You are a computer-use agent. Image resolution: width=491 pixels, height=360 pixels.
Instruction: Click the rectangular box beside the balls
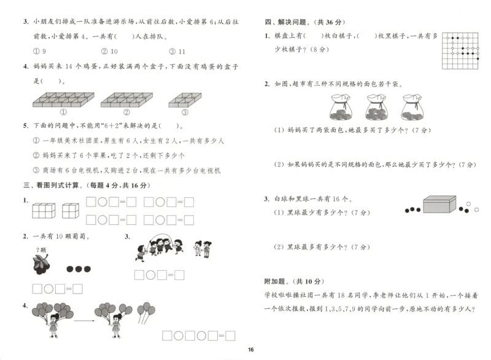pyautogui.click(x=439, y=205)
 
